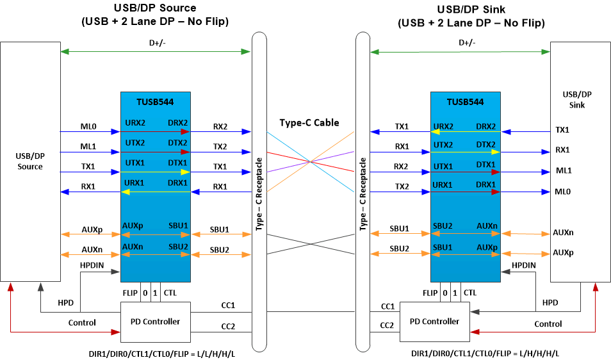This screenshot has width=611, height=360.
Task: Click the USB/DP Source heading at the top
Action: click(154, 8)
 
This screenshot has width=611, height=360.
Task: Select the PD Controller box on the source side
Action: click(155, 321)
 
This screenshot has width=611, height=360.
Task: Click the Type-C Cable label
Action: click(309, 122)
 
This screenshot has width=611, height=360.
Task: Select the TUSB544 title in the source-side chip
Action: click(155, 101)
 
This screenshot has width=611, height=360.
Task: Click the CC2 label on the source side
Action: click(228, 326)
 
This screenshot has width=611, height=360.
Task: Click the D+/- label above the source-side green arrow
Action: click(155, 43)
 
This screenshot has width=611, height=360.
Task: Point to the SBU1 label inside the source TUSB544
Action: click(178, 225)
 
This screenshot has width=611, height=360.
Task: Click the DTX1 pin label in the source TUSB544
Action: click(178, 163)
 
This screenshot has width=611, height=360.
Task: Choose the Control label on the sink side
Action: click(548, 323)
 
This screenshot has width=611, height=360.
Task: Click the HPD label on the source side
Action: click(65, 302)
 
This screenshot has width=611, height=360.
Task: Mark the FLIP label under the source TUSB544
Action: click(130, 293)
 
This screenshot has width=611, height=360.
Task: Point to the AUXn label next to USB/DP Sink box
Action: click(563, 233)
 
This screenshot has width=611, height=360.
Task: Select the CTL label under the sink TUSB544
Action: click(469, 293)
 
